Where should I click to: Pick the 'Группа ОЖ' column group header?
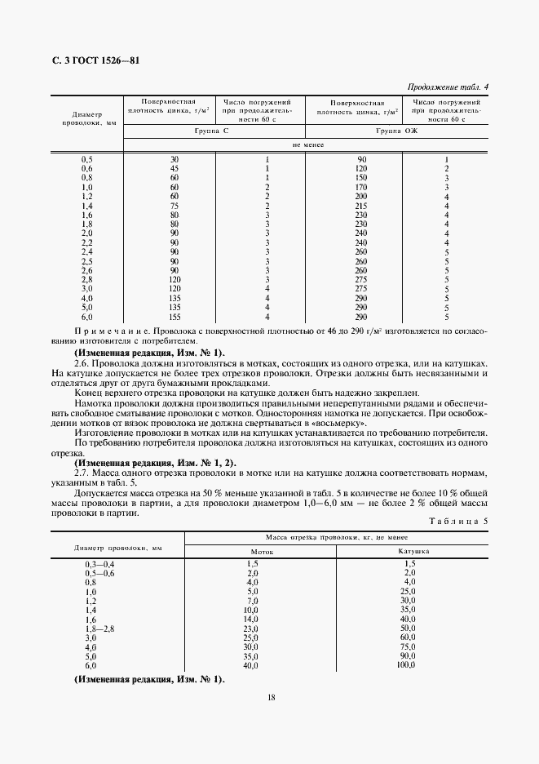coord(396,131)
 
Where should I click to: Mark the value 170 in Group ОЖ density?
coord(361,188)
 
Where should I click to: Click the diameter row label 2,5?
coord(87,262)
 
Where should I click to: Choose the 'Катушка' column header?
coord(413,551)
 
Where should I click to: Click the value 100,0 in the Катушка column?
coord(405,666)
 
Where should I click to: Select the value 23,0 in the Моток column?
coord(251,628)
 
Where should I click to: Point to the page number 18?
coord(270,696)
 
